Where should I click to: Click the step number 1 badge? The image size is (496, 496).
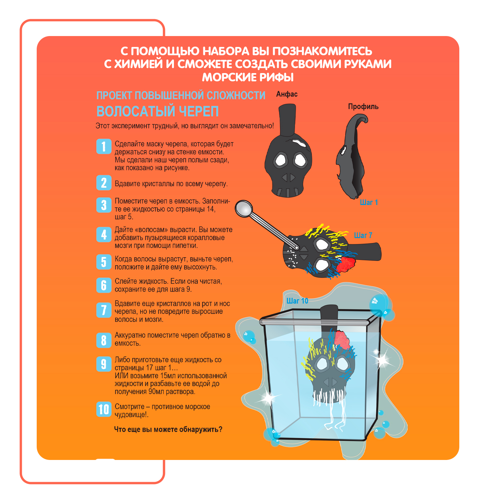pyautogui.click(x=104, y=146)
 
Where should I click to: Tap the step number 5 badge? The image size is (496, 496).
pyautogui.click(x=104, y=262)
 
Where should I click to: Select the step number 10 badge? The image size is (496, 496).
pyautogui.click(x=104, y=409)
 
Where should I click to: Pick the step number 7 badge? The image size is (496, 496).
pyautogui.click(x=104, y=310)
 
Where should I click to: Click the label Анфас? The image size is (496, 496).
pyautogui.click(x=287, y=94)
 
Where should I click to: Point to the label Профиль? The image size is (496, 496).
pyautogui.click(x=363, y=106)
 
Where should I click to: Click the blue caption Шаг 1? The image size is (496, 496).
pyautogui.click(x=369, y=202)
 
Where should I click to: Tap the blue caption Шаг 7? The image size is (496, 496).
pyautogui.click(x=363, y=235)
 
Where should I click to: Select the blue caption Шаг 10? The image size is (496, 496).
pyautogui.click(x=297, y=301)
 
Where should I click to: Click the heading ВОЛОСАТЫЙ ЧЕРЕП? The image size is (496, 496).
pyautogui.click(x=157, y=111)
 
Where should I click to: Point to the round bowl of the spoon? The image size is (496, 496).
pyautogui.click(x=244, y=208)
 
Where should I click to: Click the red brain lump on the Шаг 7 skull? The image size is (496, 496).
pyautogui.click(x=346, y=264)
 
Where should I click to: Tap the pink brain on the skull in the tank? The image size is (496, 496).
pyautogui.click(x=343, y=339)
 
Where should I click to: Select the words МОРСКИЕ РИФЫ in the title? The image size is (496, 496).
pyautogui.click(x=248, y=77)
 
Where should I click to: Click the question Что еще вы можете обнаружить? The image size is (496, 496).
pyautogui.click(x=168, y=429)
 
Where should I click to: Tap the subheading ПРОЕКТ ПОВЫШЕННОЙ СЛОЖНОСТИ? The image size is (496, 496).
pyautogui.click(x=181, y=95)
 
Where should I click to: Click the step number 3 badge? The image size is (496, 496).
pyautogui.click(x=104, y=205)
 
